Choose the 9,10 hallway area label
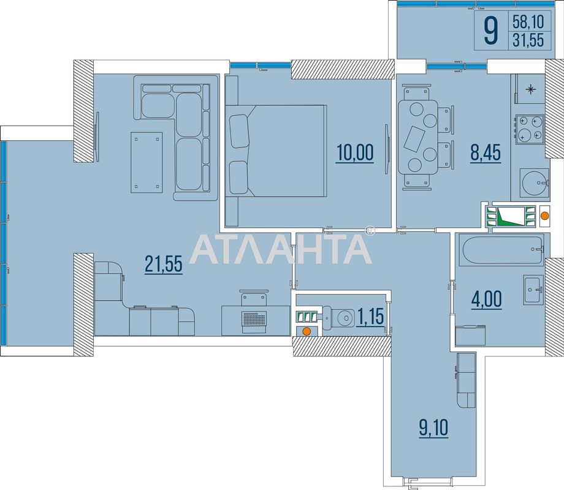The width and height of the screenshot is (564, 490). pyautogui.click(x=433, y=428)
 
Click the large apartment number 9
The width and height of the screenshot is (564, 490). pyautogui.click(x=490, y=30)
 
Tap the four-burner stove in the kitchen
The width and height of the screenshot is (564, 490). pyautogui.click(x=530, y=129)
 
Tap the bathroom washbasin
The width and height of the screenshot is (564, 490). pyautogui.click(x=532, y=288)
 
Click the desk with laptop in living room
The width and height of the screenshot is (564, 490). pyautogui.click(x=255, y=317)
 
